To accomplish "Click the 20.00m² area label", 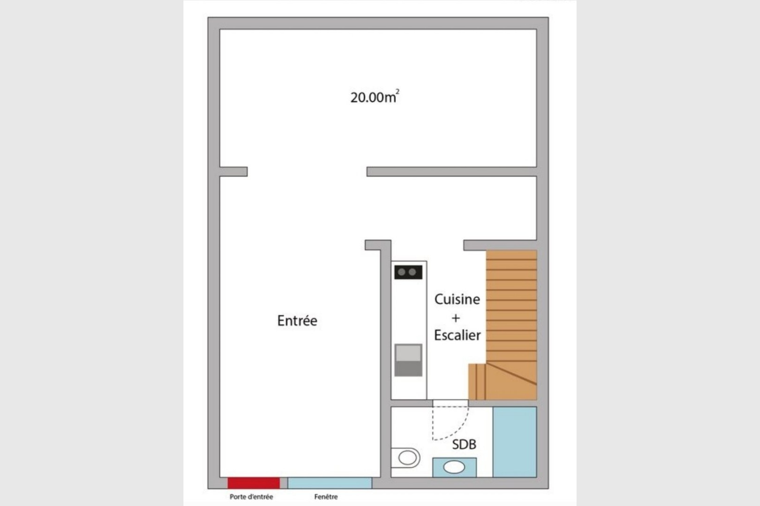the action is coord(375,97).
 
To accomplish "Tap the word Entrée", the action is coord(297,320).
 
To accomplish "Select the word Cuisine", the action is coord(457,299).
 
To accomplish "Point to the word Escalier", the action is coord(457,335).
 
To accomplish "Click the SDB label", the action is coord(464,444).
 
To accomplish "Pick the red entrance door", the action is coord(253,483).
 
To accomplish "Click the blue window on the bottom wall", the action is coord(330,483).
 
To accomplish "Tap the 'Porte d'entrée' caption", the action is coord(251,497).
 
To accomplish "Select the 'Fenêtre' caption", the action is coord(326,497).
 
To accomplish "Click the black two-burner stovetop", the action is coord(408,272).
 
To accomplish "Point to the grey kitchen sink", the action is coord(408,360).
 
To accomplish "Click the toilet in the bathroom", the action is coord(406,458).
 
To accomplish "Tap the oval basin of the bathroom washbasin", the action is coord(454,467).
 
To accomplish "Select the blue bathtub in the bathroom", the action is coord(515,442).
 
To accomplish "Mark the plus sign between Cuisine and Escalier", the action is coord(456,318).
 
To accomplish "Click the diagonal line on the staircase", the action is coord(511,374).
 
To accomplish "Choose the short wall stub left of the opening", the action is coord(234,171).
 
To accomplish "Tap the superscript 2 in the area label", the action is coord(398,91).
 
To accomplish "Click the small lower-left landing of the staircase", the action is coord(477,382).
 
